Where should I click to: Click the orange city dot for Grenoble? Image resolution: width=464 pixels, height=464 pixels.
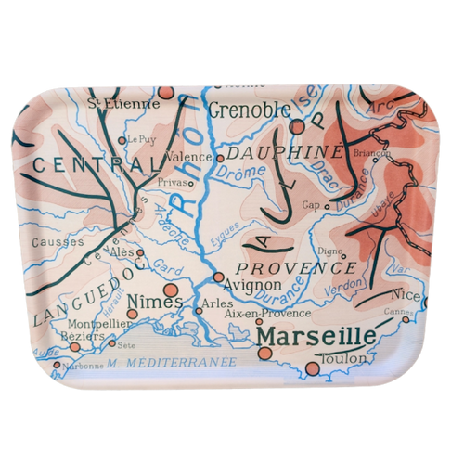pos(298,126)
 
